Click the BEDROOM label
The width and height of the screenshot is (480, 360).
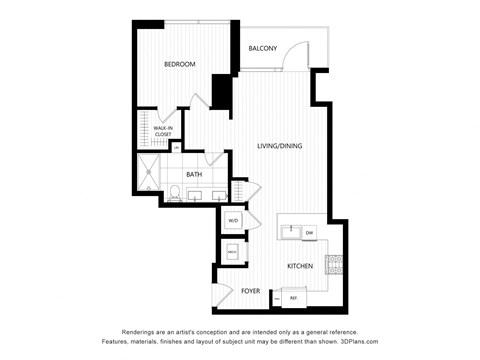pyautogui.click(x=180, y=64)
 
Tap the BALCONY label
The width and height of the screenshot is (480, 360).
pyautogui.click(x=262, y=48)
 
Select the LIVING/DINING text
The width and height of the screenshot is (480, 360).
pyautogui.click(x=280, y=146)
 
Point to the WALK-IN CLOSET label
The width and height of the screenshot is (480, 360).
pyautogui.click(x=163, y=130)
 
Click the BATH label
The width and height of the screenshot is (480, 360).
pyautogui.click(x=194, y=174)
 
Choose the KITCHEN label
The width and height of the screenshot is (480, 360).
pyautogui.click(x=301, y=266)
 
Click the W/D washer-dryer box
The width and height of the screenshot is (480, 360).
pyautogui.click(x=233, y=220)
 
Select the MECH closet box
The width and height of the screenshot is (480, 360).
pyautogui.click(x=232, y=253)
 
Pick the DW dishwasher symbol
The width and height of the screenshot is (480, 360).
pyautogui.click(x=310, y=233)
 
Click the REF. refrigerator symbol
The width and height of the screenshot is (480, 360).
pyautogui.click(x=294, y=298)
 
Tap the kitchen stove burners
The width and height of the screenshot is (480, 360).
pyautogui.click(x=332, y=265)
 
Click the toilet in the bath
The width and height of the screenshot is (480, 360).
pyautogui.click(x=174, y=193)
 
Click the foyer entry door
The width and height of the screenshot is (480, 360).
pyautogui.click(x=221, y=299)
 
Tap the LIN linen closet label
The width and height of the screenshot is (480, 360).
pyautogui.click(x=177, y=147)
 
